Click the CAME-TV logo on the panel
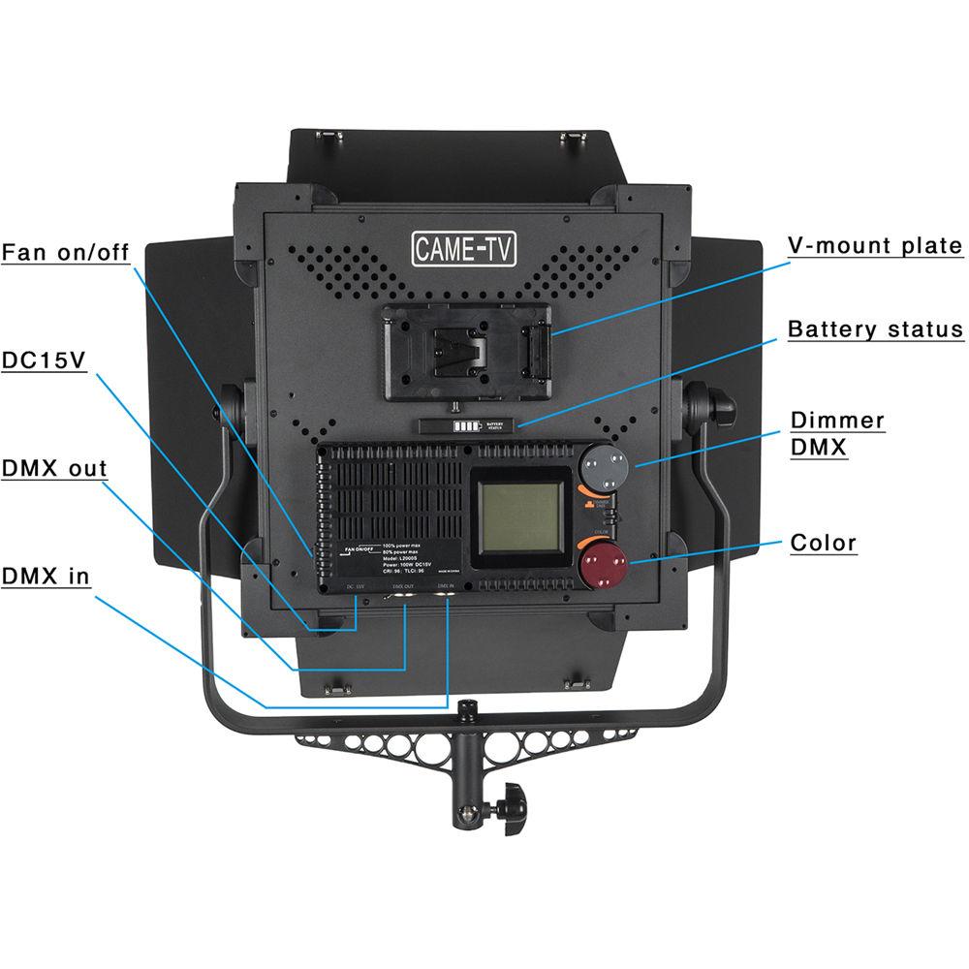(x=465, y=249)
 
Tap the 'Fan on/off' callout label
(x=65, y=253)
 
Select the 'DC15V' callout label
(x=44, y=360)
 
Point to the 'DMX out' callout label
(x=54, y=469)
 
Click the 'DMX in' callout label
(x=46, y=577)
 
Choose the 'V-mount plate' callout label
(x=874, y=245)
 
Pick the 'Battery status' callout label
(x=875, y=329)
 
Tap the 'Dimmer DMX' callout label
(x=837, y=433)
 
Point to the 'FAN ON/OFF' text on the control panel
(x=359, y=549)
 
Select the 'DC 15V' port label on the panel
(x=356, y=587)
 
